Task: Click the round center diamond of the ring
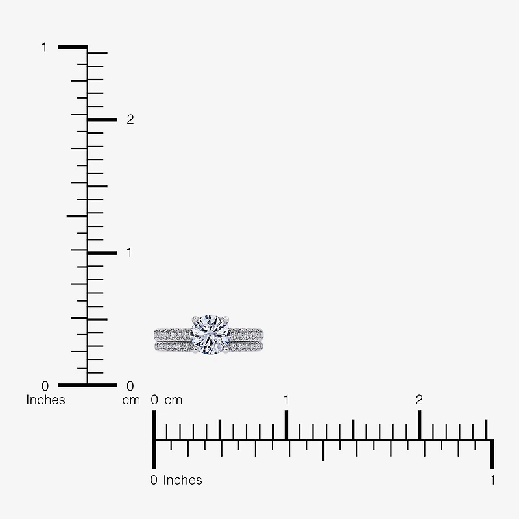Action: click(210, 335)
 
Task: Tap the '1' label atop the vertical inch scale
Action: click(44, 47)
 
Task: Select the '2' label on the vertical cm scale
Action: click(130, 119)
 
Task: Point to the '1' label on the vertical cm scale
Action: click(129, 252)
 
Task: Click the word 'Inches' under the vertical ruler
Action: click(45, 400)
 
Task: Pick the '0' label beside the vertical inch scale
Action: click(45, 386)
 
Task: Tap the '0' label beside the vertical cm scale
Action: click(130, 386)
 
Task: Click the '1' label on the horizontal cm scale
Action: click(286, 400)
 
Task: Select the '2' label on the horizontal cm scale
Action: click(419, 400)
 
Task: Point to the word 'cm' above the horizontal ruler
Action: click(173, 400)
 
